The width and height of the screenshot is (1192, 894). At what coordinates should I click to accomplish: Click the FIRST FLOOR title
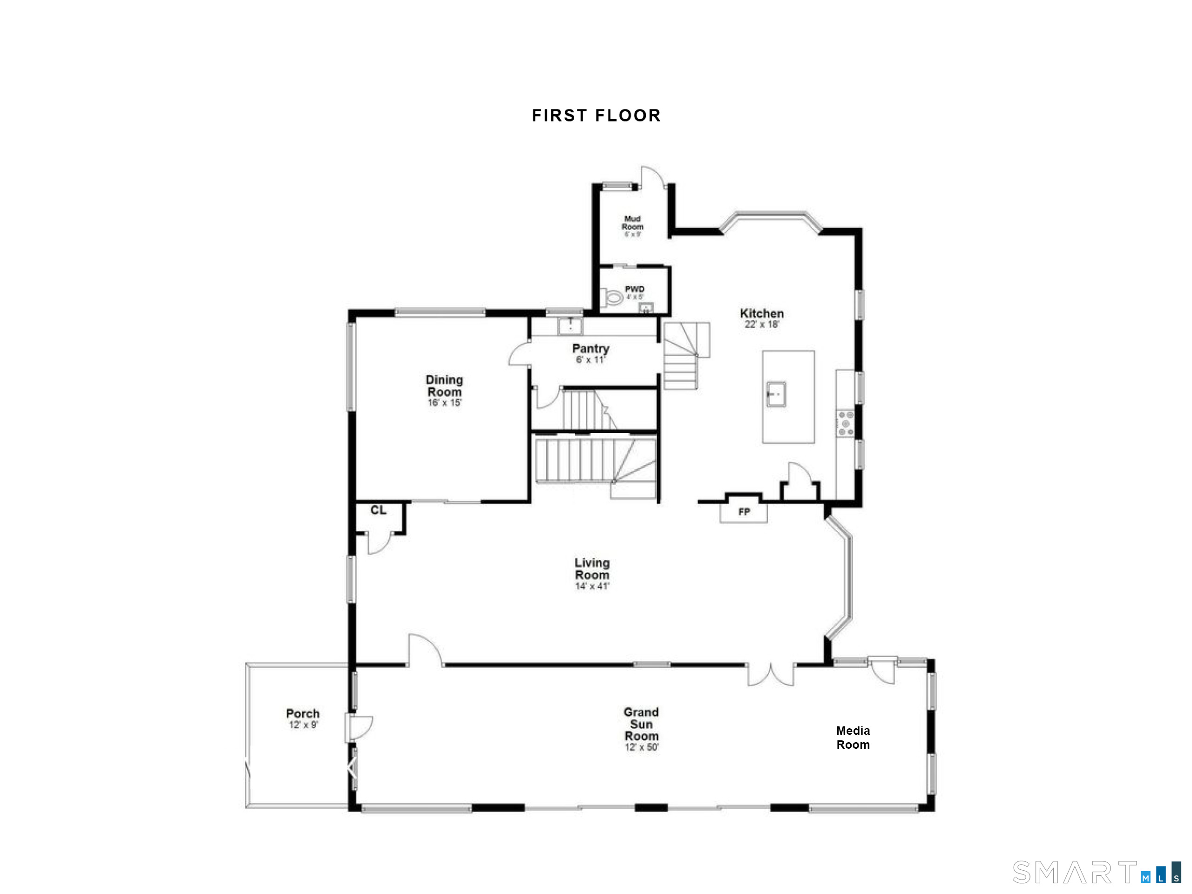pos(596,115)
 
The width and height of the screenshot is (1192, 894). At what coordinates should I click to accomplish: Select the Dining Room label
pos(444,386)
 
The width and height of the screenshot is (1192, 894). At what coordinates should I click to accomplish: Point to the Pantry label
pos(590,349)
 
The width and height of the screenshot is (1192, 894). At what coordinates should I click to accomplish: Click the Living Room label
pos(592,569)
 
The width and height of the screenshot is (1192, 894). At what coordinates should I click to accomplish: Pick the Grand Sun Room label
pos(641,724)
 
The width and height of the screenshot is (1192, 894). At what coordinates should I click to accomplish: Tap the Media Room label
pos(853,737)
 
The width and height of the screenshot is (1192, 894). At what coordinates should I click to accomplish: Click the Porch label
pos(303,713)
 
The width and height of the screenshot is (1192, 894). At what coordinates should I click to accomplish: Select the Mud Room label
pos(632,223)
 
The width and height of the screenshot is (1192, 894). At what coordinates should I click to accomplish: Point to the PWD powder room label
pos(634,289)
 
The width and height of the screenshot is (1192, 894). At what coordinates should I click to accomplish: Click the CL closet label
pos(378,510)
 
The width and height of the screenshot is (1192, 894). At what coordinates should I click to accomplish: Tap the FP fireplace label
pos(744,511)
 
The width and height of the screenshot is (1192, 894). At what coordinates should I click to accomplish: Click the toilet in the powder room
pos(613,297)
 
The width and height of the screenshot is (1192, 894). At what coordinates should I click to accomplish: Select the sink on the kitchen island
pos(776,394)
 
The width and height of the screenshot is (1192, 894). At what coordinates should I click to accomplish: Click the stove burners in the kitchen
pos(846,423)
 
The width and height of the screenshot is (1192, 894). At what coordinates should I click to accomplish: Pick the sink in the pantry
pos(569,325)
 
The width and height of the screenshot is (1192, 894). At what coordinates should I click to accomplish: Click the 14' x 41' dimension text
pos(592,586)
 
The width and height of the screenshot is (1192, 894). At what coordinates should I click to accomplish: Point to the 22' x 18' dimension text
pos(761,325)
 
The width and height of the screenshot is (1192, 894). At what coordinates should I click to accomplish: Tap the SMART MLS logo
pos(1096,872)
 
